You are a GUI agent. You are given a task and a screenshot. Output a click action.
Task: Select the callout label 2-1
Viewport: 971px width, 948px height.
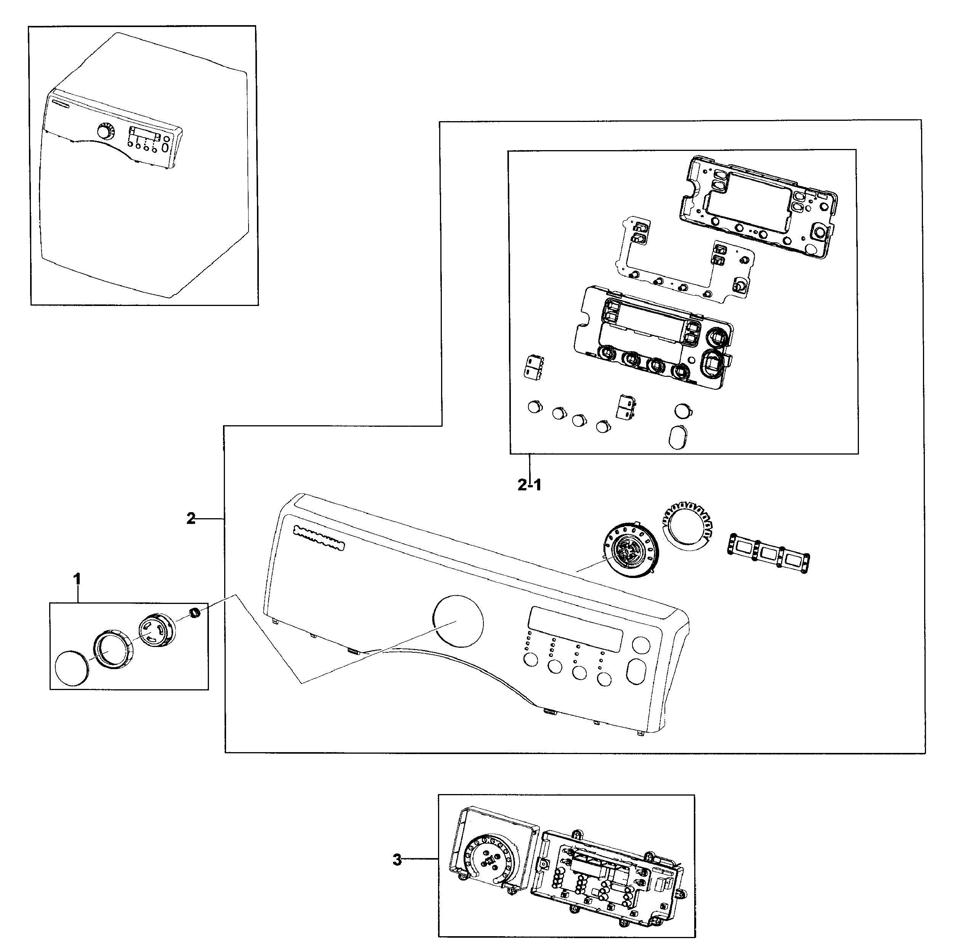pos(529,484)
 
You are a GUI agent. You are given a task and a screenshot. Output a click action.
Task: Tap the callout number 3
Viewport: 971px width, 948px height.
pos(397,860)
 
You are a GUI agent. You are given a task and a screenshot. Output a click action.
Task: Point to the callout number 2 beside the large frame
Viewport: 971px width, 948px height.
pos(191,519)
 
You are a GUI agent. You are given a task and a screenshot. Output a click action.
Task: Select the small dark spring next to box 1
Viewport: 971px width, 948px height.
pos(195,612)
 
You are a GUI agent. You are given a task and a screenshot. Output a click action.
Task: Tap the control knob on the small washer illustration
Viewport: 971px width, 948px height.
pos(104,133)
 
